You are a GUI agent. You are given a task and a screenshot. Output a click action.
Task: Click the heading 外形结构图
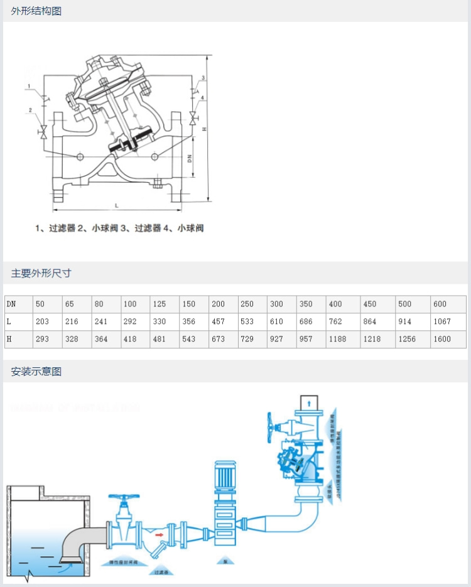point(36,11)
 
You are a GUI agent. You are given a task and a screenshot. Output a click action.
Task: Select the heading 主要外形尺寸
point(41,273)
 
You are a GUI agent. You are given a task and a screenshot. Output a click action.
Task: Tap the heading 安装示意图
point(36,371)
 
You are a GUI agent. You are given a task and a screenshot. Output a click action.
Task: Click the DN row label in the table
point(11,304)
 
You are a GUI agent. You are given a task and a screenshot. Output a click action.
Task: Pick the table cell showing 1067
point(441,321)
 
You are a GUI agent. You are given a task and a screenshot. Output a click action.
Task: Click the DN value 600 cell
point(440,304)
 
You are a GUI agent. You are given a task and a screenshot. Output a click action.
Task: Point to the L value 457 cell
point(218,321)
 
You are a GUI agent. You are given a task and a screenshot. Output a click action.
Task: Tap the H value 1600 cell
point(441,339)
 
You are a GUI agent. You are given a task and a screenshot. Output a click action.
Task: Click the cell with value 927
point(276,339)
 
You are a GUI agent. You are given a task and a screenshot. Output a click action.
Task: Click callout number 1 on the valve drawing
point(29,85)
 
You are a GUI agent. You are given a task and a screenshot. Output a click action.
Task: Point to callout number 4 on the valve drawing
point(202,98)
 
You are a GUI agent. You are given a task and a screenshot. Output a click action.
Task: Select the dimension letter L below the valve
point(117,205)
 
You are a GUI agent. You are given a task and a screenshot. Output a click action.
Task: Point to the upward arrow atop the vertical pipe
point(310,402)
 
